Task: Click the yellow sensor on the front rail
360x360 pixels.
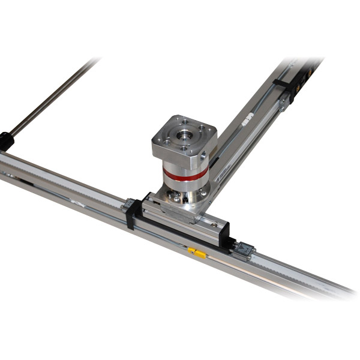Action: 197,253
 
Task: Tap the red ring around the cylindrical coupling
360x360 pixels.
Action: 185,175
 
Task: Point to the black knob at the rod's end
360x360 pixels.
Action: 5,141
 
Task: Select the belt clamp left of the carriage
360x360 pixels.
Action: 128,206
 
